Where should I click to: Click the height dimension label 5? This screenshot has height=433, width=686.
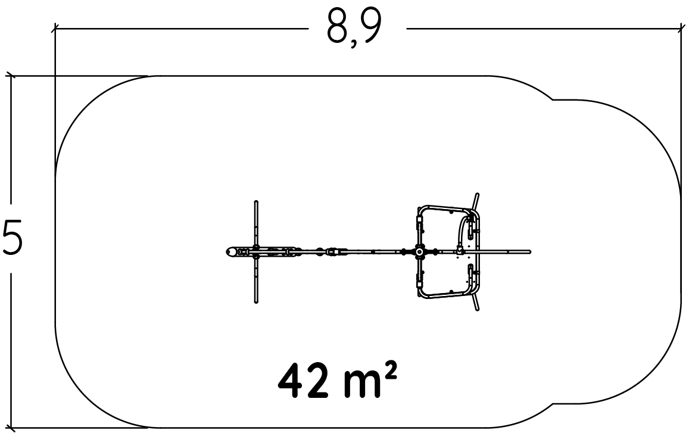point(12,238)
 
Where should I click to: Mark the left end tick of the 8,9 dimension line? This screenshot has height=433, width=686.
point(55,29)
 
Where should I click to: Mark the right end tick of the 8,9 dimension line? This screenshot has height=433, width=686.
point(681,29)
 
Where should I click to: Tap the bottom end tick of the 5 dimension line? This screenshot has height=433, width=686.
point(11,427)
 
